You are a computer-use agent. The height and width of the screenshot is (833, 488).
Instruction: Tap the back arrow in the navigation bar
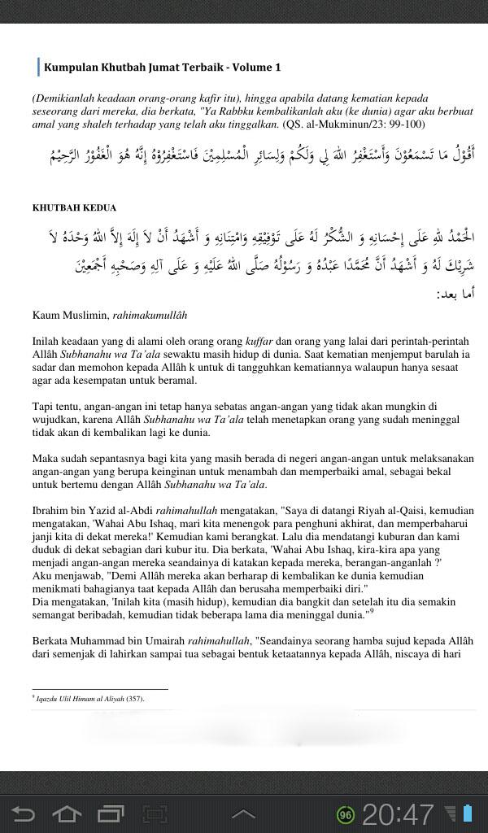pyautogui.click(x=24, y=813)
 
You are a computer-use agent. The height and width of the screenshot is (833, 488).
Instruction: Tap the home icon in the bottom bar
pyautogui.click(x=67, y=813)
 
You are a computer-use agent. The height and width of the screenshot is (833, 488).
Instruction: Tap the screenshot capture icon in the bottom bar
pyautogui.click(x=154, y=813)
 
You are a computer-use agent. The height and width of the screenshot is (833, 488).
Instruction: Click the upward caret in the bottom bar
pyautogui.click(x=243, y=813)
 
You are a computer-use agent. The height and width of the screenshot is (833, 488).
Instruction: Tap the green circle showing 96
pyautogui.click(x=346, y=814)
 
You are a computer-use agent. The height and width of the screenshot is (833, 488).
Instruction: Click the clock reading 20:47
pyautogui.click(x=399, y=813)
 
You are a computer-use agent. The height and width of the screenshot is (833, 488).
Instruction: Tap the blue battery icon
pyautogui.click(x=467, y=813)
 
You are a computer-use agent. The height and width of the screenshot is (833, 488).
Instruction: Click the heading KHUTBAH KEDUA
pyautogui.click(x=74, y=207)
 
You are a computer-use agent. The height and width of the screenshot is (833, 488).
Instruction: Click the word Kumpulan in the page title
pyautogui.click(x=68, y=68)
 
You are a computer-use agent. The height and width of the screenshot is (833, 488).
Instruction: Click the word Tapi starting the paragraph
pyautogui.click(x=43, y=406)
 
